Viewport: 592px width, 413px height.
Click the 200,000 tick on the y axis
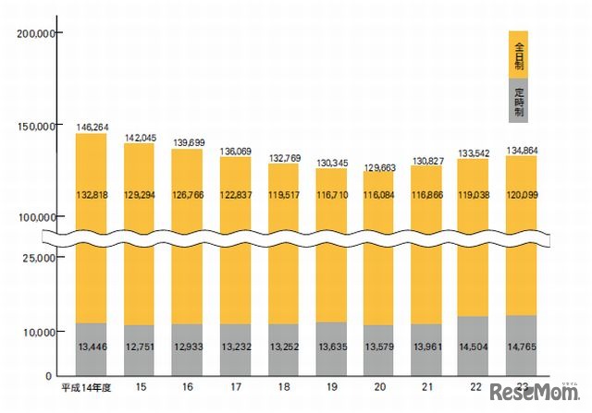coord(38,32)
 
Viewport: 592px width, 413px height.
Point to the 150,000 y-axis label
coord(38,125)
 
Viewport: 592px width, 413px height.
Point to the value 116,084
coord(379,195)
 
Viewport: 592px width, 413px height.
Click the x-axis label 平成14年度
coord(86,389)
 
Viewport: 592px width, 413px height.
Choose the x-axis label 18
coord(284,389)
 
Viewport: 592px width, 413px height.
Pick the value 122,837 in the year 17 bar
coord(235,195)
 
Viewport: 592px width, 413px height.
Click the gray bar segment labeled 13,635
coord(331,349)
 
